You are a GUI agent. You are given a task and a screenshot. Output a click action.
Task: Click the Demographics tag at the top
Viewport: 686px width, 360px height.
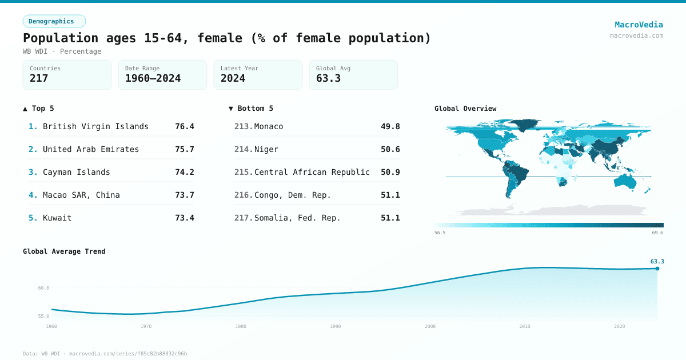(54, 21)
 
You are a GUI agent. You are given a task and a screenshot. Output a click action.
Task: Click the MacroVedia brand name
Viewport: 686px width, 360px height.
(639, 25)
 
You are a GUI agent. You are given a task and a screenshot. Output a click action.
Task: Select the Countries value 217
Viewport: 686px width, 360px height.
(39, 78)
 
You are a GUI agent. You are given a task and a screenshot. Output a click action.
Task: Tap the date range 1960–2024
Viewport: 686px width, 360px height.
(153, 78)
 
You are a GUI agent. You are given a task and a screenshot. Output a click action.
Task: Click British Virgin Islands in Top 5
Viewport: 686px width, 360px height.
(95, 126)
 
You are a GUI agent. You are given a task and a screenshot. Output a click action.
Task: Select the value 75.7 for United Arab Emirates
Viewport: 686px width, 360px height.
(184, 149)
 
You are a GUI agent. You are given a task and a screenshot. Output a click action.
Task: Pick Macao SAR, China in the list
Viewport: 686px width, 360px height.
(81, 195)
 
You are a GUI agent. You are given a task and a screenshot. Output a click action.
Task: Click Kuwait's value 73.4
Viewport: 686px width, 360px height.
(184, 218)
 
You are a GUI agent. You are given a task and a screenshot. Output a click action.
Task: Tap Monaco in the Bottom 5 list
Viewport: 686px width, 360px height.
(269, 126)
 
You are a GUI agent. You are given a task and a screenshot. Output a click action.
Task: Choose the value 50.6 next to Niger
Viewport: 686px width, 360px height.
(390, 149)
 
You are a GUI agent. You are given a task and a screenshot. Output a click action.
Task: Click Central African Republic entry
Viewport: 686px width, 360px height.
(312, 172)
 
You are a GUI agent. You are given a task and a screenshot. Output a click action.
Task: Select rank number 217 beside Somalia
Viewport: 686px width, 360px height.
(243, 218)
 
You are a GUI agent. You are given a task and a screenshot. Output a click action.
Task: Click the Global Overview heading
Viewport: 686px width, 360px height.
(465, 109)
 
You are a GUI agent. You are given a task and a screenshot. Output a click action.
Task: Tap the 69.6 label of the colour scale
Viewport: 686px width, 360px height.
(657, 233)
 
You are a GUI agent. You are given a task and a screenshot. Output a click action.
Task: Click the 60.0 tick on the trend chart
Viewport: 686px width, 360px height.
(43, 288)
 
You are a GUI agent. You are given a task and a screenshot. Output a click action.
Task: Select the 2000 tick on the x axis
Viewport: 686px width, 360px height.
(430, 326)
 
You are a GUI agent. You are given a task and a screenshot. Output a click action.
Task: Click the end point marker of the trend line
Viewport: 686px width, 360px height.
(657, 269)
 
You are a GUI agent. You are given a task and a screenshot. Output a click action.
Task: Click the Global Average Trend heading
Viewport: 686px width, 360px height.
(64, 251)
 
